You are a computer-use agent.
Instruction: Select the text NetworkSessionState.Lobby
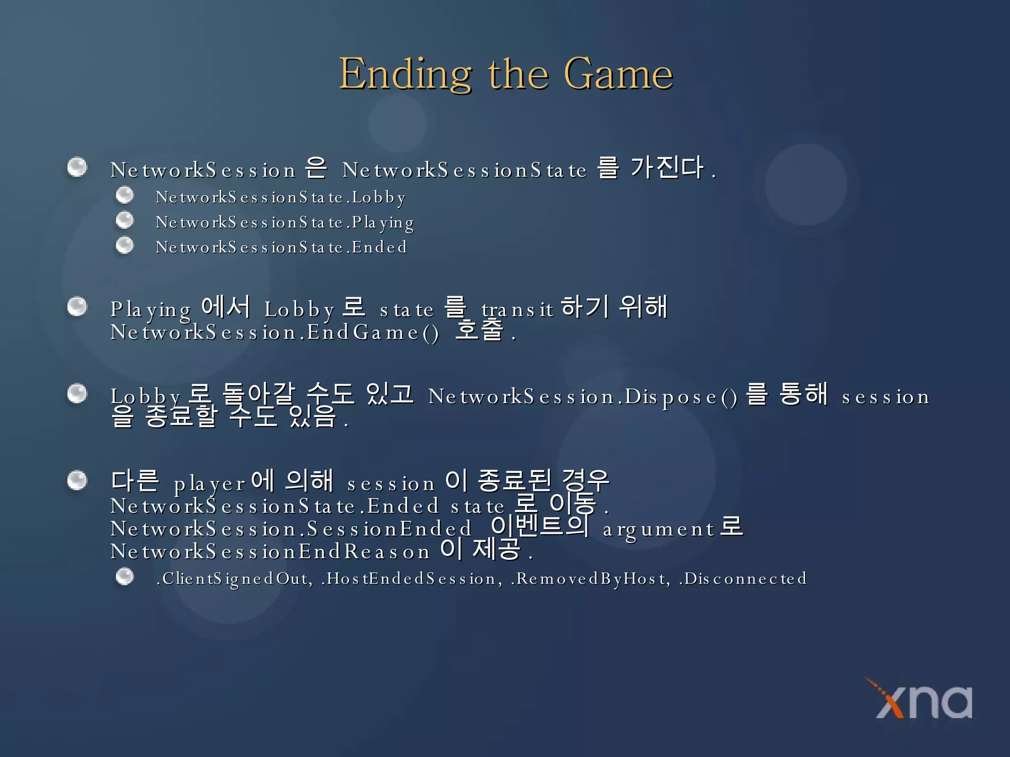click(281, 198)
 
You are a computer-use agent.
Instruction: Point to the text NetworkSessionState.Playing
click(285, 223)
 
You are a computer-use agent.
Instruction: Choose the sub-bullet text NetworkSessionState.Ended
click(281, 247)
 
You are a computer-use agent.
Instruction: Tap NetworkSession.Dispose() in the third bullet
click(582, 397)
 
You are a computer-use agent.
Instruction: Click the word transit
click(517, 310)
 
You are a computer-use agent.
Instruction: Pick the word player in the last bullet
click(209, 484)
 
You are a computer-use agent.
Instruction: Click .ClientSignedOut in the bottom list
click(234, 579)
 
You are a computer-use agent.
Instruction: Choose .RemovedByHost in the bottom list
click(591, 579)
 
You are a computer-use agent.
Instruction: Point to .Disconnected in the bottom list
click(743, 579)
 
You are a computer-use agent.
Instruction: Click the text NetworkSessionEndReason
click(270, 552)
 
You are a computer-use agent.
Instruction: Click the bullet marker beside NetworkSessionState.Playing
click(125, 220)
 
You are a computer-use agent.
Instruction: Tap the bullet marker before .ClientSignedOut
click(125, 576)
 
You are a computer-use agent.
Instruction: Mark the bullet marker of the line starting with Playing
click(77, 307)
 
